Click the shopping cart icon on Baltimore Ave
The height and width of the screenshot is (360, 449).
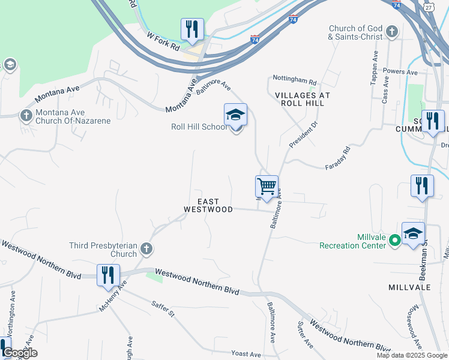266,186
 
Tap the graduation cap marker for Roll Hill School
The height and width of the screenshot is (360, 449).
235,115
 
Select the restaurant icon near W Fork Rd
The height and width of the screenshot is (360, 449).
192,29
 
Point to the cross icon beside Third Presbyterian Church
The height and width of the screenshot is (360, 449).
146,249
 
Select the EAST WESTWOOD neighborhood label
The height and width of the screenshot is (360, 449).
208,206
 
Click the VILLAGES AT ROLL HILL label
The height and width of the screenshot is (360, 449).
303,100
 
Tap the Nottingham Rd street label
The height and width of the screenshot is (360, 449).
294,80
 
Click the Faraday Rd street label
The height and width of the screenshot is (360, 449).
337,159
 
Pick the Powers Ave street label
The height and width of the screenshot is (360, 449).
400,72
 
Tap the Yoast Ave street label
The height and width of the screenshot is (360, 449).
246,354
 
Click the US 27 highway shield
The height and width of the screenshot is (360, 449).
427,5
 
